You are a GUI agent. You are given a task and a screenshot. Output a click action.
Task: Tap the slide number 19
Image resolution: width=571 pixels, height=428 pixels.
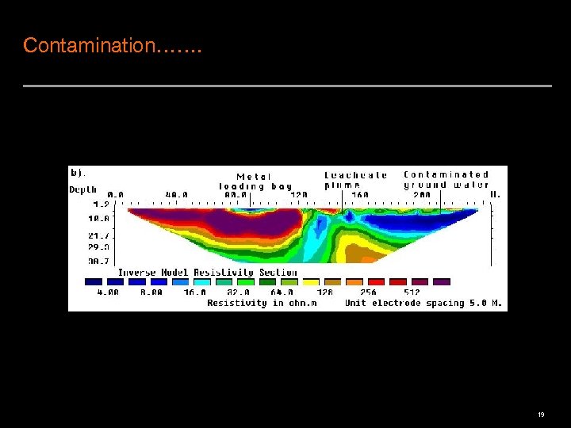coord(541,415)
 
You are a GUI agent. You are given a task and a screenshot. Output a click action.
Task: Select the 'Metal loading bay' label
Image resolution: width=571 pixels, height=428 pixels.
coord(255,182)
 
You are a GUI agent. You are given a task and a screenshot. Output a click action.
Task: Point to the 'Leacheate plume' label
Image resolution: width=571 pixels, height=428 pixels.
coord(356,180)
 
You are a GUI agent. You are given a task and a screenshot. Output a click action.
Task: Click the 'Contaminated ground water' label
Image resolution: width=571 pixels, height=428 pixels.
coord(446,179)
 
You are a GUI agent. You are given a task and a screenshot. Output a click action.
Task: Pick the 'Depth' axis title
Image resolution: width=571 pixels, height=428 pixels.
coord(83,190)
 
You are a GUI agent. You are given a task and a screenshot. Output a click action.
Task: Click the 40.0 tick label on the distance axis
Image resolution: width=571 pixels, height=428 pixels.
coord(176,193)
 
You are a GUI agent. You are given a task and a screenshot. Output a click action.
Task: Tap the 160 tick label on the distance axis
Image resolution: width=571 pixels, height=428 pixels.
coord(361,193)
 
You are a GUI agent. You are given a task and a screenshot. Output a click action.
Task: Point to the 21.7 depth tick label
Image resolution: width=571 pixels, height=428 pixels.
coord(100,236)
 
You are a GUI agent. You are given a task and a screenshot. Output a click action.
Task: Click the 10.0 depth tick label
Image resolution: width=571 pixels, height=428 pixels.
coord(100,218)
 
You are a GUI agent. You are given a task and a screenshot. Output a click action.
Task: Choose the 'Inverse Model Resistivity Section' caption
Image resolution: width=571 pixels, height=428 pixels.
coord(197,273)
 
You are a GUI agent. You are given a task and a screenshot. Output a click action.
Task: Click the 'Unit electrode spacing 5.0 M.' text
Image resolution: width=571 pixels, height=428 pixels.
coord(423,303)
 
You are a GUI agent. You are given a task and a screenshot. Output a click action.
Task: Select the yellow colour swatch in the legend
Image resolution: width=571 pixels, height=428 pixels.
coord(312,281)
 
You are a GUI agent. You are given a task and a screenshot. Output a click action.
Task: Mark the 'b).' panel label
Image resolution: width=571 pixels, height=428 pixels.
coord(79,172)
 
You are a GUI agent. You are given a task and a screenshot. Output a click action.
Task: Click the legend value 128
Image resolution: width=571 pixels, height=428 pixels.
coord(324,292)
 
